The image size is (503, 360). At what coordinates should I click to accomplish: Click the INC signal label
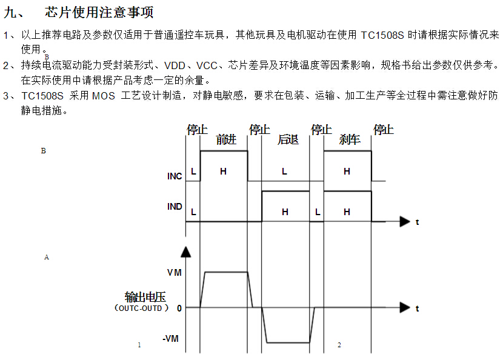[x=175, y=176]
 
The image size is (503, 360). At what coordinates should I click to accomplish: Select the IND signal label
[x=175, y=207]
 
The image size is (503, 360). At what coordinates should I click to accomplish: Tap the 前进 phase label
[x=225, y=140]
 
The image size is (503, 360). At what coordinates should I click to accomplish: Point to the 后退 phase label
[x=288, y=140]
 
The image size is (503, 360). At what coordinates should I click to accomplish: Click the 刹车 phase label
[x=350, y=140]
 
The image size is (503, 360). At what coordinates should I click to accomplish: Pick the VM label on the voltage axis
[x=174, y=273]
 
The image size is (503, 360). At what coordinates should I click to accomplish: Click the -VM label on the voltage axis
[x=171, y=339]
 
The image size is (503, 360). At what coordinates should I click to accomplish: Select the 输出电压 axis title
[x=145, y=297]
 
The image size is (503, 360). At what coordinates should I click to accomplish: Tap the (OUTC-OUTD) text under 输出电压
[x=140, y=308]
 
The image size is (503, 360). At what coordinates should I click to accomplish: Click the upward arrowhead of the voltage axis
[x=186, y=251]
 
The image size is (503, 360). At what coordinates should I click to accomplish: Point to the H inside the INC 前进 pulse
[x=223, y=172]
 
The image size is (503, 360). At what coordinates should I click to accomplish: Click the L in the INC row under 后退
[x=284, y=172]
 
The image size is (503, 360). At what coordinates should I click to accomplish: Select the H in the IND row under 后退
[x=285, y=212]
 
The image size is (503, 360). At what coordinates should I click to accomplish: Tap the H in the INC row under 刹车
[x=347, y=172]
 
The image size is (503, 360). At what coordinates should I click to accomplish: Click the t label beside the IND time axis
[x=417, y=222]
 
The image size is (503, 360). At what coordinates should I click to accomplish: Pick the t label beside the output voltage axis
[x=417, y=308]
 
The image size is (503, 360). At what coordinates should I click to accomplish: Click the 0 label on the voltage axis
[x=179, y=308]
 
